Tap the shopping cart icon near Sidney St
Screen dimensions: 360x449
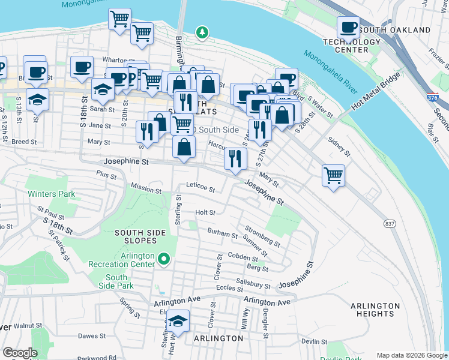click(333, 176)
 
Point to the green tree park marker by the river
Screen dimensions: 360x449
click(203, 32)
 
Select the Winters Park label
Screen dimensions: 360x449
click(51, 194)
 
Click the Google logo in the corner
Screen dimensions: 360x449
click(20, 353)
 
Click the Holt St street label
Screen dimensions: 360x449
click(205, 212)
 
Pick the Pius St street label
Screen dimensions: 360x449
click(105, 173)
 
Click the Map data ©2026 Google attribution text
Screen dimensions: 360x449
click(411, 355)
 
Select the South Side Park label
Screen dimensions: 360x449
click(116, 281)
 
